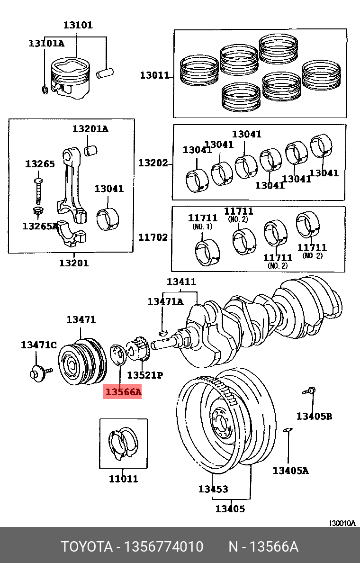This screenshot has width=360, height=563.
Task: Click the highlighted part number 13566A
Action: [x=123, y=392]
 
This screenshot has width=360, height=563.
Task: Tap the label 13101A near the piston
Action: [x=46, y=43]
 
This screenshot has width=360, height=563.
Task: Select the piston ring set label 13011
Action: [x=154, y=75]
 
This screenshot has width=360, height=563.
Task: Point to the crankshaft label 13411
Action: [x=181, y=282]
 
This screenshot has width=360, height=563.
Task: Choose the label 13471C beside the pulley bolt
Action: [x=38, y=345]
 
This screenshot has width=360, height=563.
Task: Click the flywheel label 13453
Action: [x=213, y=489]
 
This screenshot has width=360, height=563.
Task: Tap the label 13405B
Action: [x=314, y=416]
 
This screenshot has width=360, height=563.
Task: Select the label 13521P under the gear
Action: [x=145, y=375]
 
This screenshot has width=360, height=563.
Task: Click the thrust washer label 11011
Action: [x=123, y=479]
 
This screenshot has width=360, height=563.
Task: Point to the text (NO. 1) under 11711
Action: [x=202, y=227]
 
